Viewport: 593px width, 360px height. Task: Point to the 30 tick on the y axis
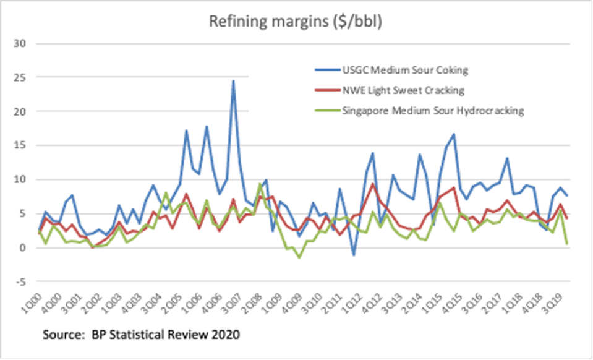point(23,43)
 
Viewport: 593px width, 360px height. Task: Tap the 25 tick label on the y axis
point(23,77)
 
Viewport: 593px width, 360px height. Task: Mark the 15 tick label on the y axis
point(23,145)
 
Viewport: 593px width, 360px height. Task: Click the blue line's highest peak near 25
point(233,80)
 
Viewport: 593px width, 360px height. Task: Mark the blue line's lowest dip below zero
point(354,255)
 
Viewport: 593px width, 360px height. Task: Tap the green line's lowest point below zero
point(299,257)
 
